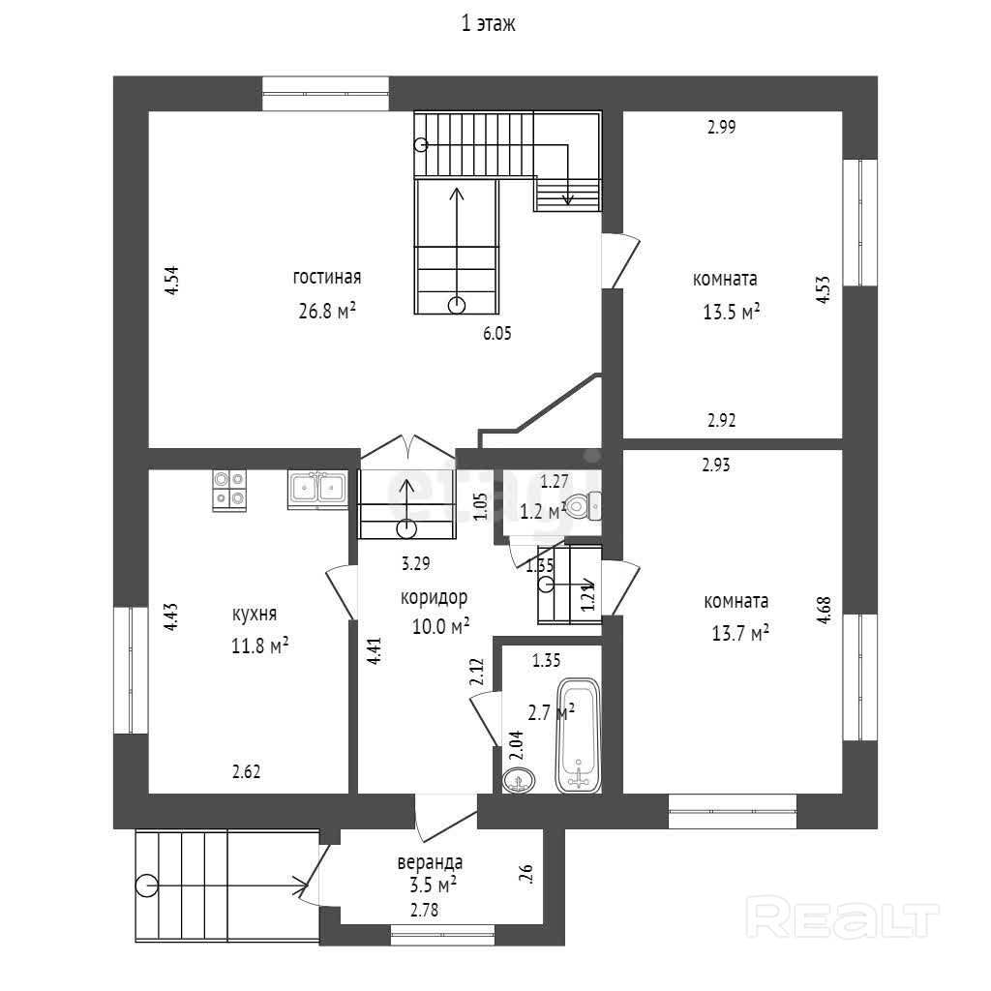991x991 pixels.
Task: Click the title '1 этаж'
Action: pos(488,25)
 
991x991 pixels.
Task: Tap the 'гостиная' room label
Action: pos(327,278)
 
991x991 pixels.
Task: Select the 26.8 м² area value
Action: pos(327,310)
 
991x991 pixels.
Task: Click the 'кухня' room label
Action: pos(255,614)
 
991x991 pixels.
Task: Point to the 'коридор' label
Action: pos(435,597)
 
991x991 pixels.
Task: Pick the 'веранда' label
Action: pos(430,862)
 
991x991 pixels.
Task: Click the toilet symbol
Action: pos(584,503)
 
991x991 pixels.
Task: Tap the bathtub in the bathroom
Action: pos(579,736)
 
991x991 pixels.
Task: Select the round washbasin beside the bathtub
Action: pos(520,779)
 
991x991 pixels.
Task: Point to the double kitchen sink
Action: pos(317,489)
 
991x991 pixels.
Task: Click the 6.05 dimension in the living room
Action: pos(497,334)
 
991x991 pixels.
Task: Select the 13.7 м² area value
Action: pos(738,633)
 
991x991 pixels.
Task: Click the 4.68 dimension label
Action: pos(824,616)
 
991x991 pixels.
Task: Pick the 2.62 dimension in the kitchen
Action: pos(246,772)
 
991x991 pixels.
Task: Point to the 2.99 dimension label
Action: pos(722,126)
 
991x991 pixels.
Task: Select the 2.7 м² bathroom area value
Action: pos(551,712)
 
